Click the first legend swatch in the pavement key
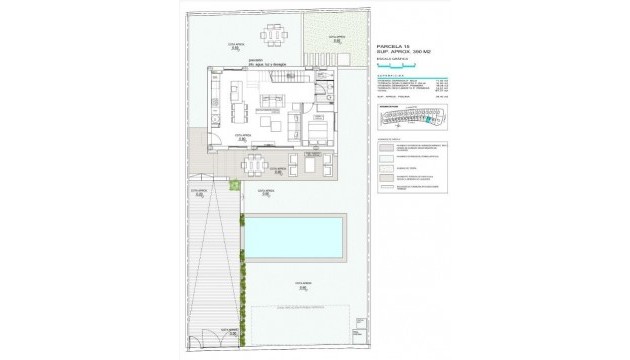tap(384, 146)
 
